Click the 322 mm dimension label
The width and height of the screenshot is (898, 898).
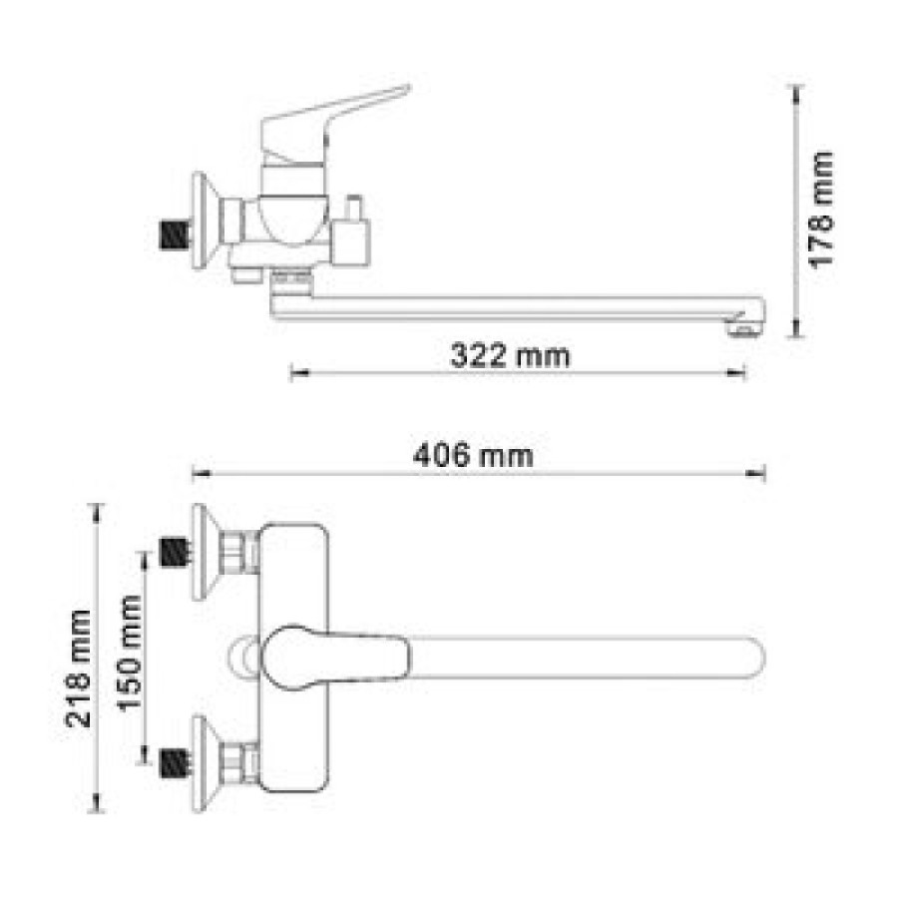(510, 355)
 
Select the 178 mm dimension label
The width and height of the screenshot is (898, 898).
(820, 210)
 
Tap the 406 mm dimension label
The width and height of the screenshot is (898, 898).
(473, 456)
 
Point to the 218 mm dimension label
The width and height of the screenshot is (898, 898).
(78, 669)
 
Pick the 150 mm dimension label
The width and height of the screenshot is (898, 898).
(130, 654)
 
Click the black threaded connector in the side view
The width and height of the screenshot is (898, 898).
(174, 235)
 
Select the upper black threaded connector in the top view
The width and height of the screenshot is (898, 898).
(174, 553)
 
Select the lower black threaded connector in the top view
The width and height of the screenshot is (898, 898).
(174, 763)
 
